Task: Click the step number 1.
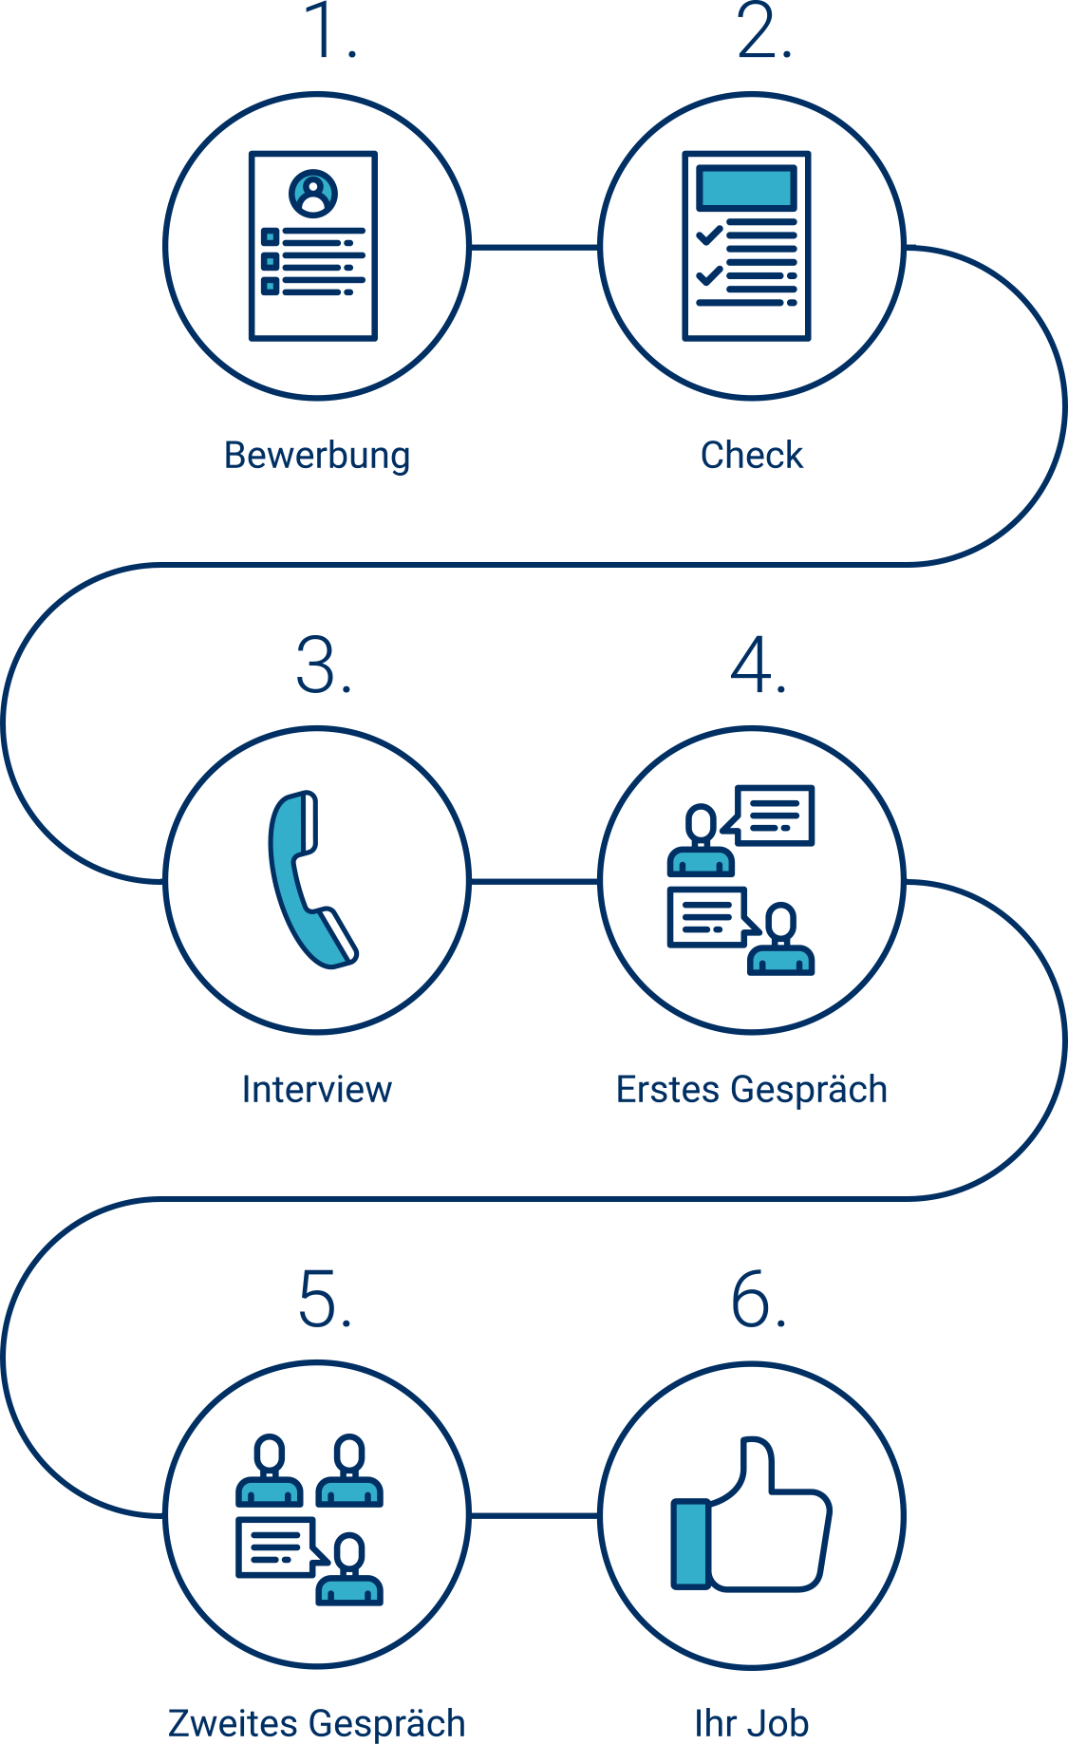click(x=329, y=33)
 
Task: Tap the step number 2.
click(x=763, y=33)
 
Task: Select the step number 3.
click(x=324, y=666)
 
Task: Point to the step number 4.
click(x=758, y=666)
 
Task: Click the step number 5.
click(x=325, y=1300)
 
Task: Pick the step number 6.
click(x=758, y=1300)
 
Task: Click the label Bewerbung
click(x=317, y=456)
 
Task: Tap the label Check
click(x=752, y=456)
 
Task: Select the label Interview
click(x=317, y=1089)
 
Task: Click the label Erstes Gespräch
click(x=752, y=1089)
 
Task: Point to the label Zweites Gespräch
click(x=317, y=1723)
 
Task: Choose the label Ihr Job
click(x=752, y=1723)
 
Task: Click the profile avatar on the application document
click(x=313, y=194)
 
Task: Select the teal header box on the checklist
click(x=746, y=188)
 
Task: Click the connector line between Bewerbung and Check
click(x=534, y=248)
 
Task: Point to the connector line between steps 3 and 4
click(x=534, y=881)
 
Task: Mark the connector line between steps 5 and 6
click(x=534, y=1515)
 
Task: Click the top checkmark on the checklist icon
click(x=709, y=234)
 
